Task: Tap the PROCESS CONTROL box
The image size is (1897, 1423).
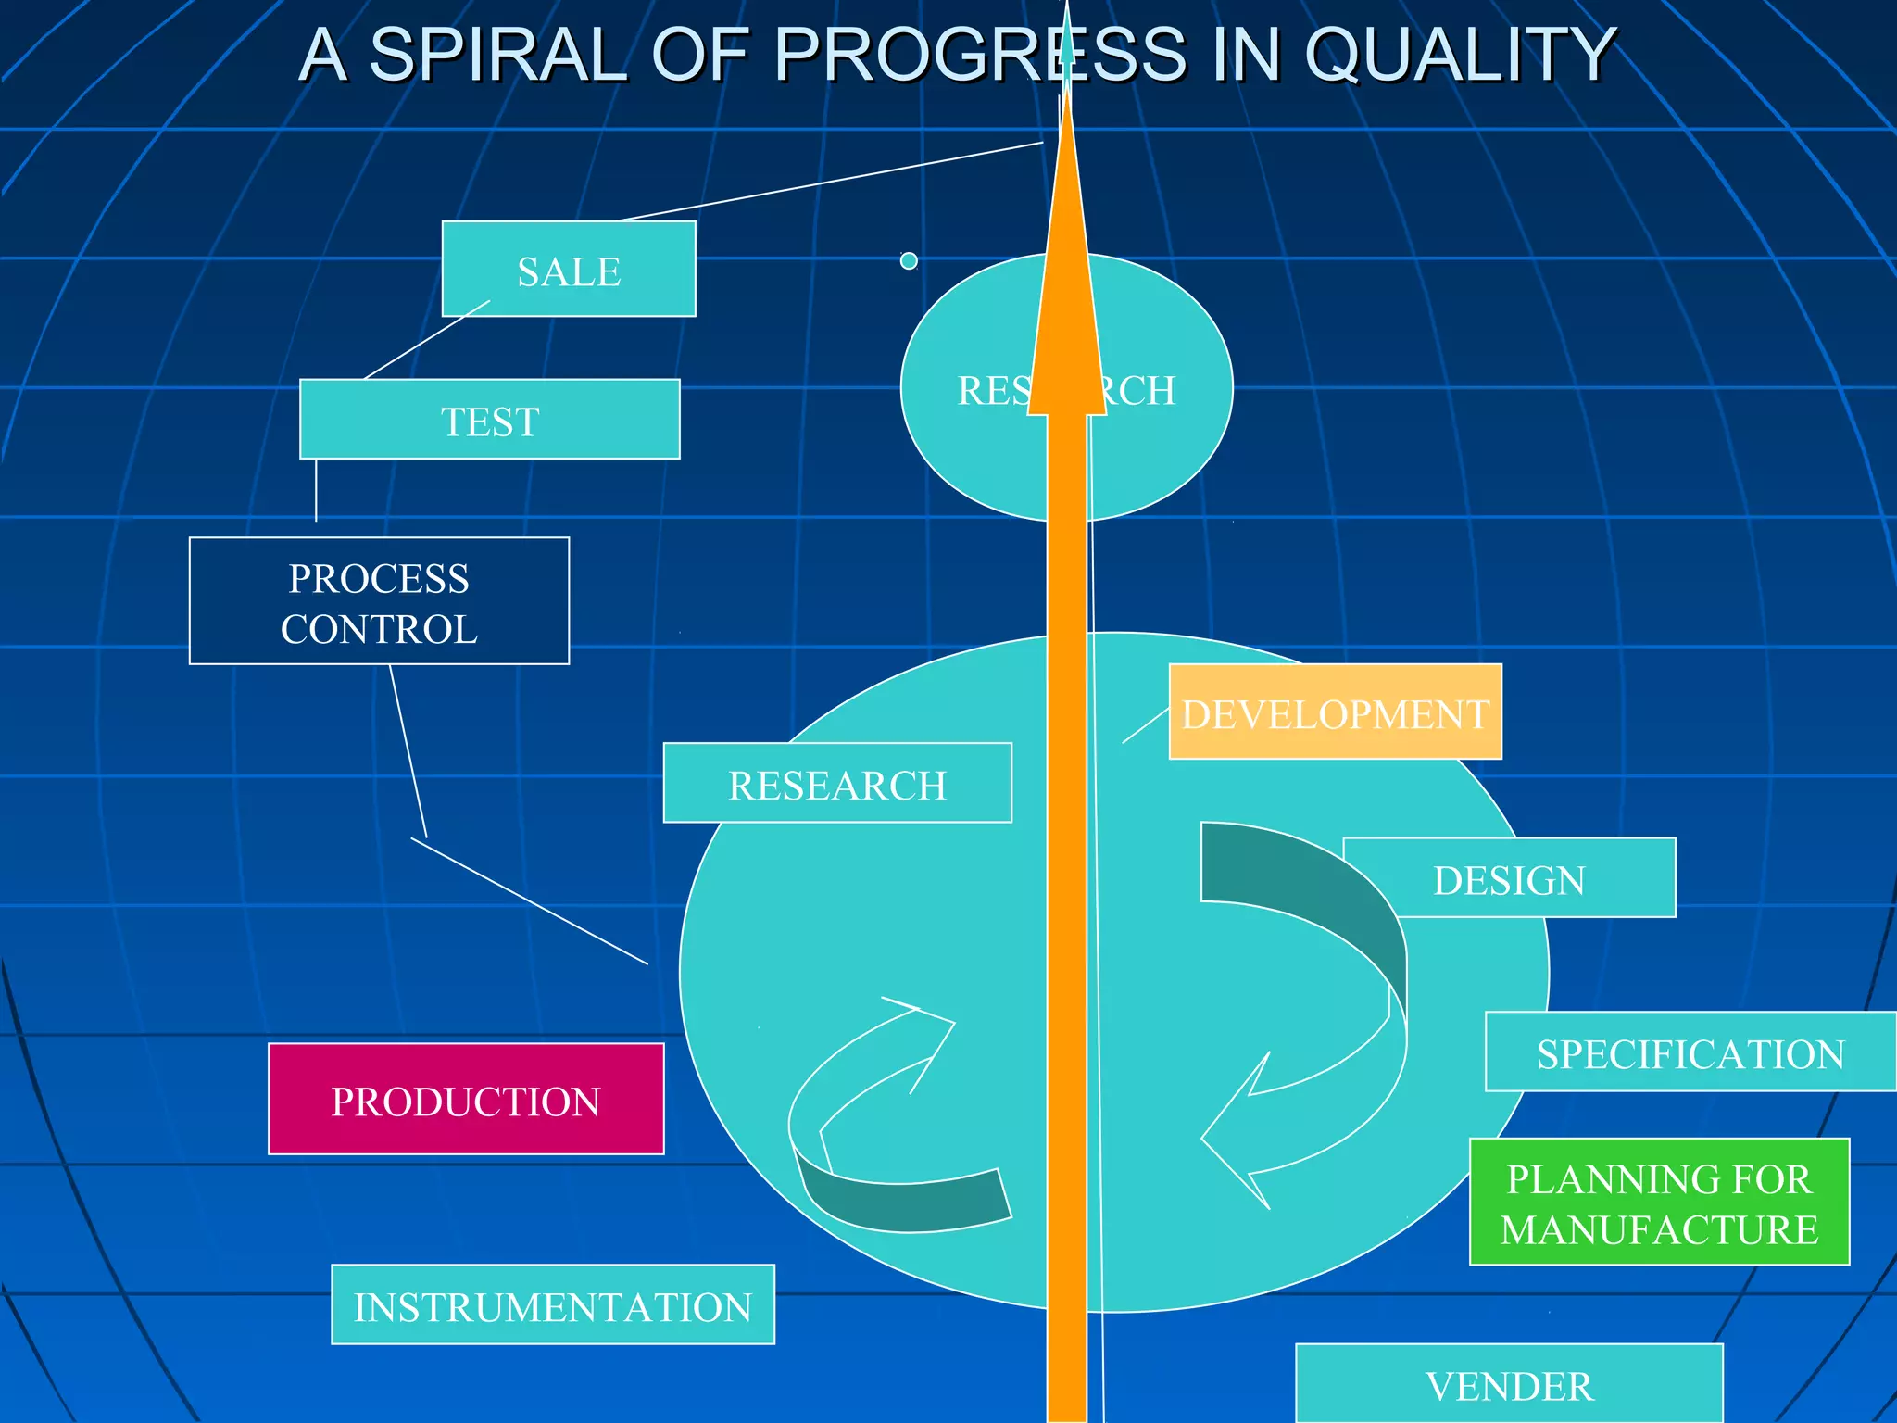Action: click(x=379, y=601)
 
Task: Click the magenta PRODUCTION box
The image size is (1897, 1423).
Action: click(x=466, y=1099)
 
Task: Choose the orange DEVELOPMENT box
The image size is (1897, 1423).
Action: click(x=1335, y=711)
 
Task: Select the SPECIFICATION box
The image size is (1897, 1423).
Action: click(x=1690, y=1052)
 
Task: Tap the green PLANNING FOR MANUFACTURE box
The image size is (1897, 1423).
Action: click(x=1659, y=1202)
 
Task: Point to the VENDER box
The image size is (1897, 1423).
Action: click(x=1509, y=1384)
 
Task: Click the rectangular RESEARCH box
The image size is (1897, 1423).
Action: click(x=837, y=783)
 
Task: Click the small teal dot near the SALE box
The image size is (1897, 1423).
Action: click(x=909, y=261)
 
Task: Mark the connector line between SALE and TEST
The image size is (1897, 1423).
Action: click(x=427, y=339)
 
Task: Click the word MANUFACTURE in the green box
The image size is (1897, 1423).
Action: click(x=1659, y=1229)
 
